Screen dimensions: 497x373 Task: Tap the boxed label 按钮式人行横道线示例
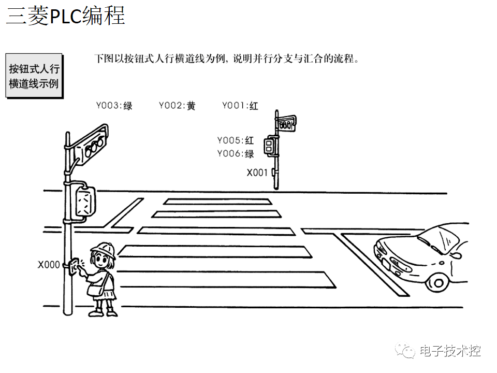[x=34, y=76]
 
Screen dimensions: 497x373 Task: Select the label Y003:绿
[x=114, y=106]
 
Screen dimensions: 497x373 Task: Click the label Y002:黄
[x=177, y=106]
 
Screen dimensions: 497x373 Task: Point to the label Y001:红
[x=240, y=106]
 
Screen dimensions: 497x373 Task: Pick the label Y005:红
[x=236, y=140]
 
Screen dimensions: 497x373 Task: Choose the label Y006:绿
[x=236, y=153]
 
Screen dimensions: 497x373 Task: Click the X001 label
[x=257, y=173]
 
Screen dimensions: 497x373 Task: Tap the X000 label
[x=49, y=265]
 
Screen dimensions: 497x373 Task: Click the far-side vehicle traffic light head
[x=285, y=124]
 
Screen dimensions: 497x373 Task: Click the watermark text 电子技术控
[x=450, y=351]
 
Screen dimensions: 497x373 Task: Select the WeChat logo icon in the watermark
[x=405, y=351]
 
